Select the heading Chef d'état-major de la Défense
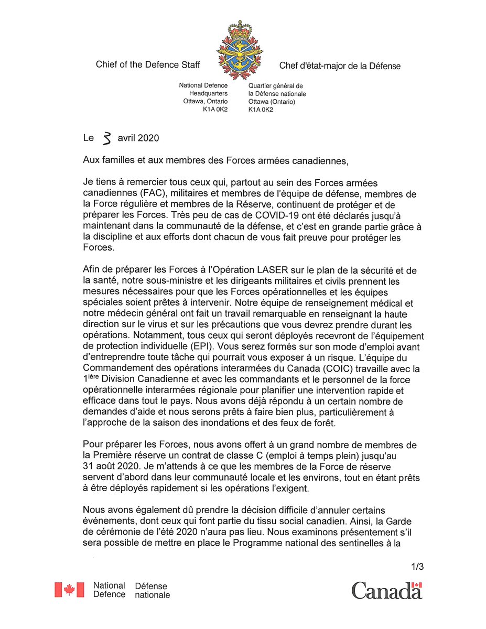tap(340, 66)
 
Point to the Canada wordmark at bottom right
tap(386, 590)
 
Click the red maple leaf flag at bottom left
tap(69, 590)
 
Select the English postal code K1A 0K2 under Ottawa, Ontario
tap(215, 110)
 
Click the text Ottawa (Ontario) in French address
tap(272, 102)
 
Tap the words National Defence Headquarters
tap(203, 89)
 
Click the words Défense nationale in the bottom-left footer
tap(152, 590)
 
